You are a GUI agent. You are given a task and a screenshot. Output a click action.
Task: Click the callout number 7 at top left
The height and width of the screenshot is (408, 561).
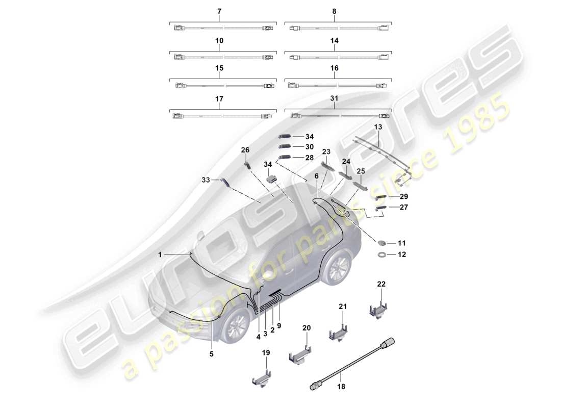click(219, 11)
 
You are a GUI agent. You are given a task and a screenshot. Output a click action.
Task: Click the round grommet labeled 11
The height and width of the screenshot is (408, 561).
click(382, 243)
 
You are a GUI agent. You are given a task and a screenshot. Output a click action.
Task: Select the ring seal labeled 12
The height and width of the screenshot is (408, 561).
click(382, 254)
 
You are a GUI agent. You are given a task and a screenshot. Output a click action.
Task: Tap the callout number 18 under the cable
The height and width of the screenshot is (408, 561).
click(341, 387)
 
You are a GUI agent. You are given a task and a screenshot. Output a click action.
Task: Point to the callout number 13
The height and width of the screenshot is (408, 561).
click(378, 126)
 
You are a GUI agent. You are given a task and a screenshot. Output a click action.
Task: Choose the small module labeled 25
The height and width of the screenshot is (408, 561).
click(362, 186)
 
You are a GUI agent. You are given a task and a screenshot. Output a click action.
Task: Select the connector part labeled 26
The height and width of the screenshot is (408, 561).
click(247, 164)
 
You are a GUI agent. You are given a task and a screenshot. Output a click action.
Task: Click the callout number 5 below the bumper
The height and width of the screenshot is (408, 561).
click(212, 353)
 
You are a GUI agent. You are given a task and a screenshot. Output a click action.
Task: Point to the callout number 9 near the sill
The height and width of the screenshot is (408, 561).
click(279, 325)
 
